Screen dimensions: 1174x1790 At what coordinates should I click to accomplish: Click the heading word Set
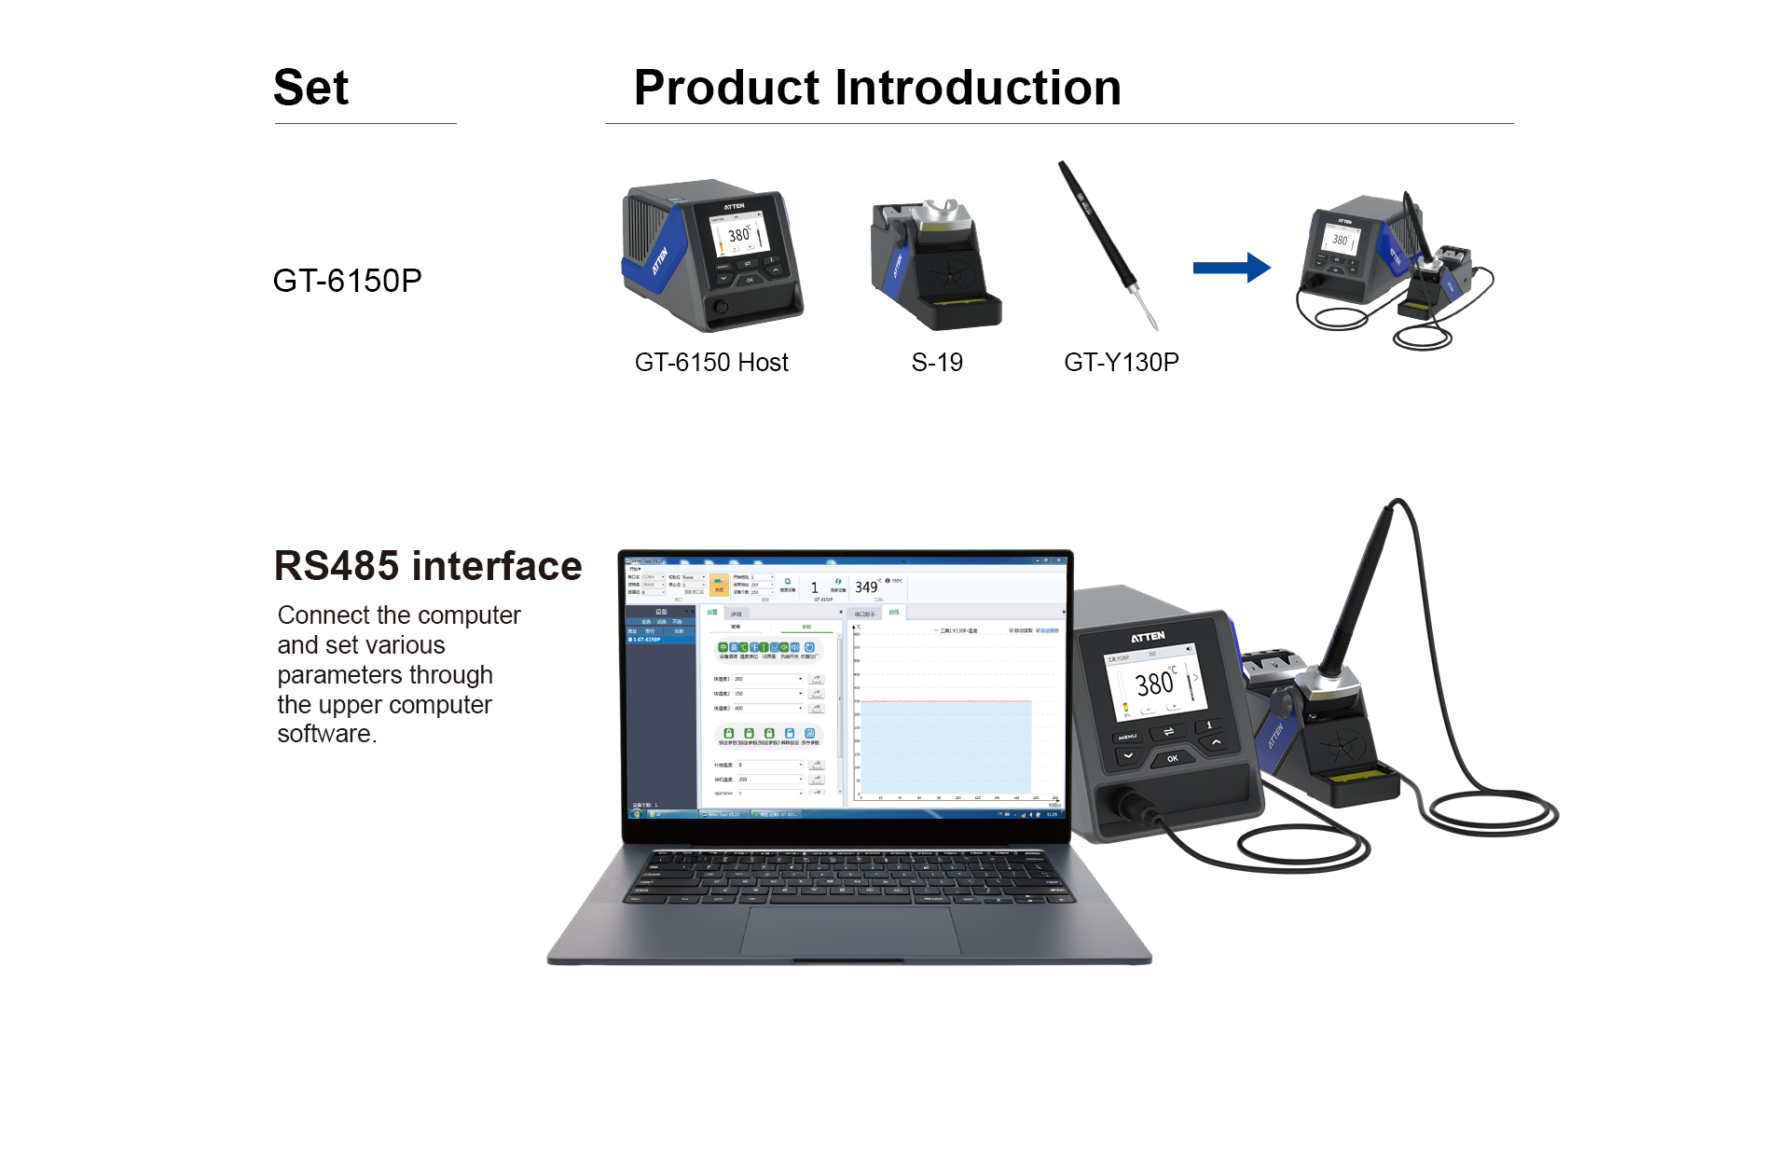click(x=310, y=88)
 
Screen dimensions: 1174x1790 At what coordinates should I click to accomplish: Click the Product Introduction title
click(x=876, y=88)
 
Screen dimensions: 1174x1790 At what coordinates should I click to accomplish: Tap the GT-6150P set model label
click(x=347, y=281)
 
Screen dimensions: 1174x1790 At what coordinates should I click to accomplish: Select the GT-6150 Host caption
click(x=711, y=363)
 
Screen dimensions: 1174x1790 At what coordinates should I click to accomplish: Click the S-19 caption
click(x=937, y=363)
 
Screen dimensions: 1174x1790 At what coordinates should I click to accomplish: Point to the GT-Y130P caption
click(x=1122, y=363)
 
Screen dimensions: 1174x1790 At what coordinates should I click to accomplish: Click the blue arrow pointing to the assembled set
click(x=1231, y=269)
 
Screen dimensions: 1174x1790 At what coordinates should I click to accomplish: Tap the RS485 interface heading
click(x=428, y=566)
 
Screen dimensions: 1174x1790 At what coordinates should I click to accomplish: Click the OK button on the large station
click(x=1172, y=758)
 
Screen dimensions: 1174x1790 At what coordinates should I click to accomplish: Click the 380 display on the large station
click(x=1154, y=684)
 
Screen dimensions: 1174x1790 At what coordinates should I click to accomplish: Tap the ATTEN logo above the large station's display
click(x=1148, y=637)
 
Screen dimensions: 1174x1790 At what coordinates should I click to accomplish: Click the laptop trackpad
click(x=849, y=929)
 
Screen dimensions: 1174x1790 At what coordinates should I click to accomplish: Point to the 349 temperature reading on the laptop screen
click(x=866, y=587)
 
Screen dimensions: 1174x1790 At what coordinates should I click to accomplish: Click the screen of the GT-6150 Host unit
click(x=740, y=234)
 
